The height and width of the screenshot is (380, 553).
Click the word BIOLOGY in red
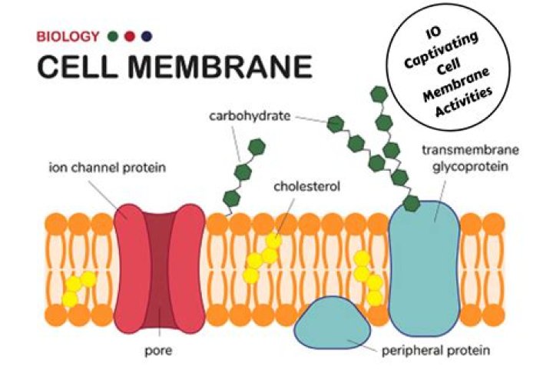[68, 36]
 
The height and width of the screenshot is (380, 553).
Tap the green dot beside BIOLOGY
[114, 36]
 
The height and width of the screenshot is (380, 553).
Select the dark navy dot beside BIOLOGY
[147, 36]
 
